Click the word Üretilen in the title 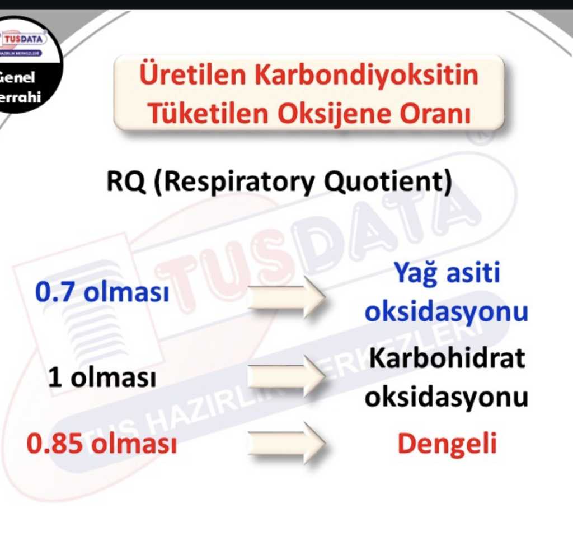(x=193, y=74)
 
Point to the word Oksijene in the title (x=334, y=114)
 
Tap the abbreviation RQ (x=126, y=182)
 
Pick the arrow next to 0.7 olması (x=286, y=297)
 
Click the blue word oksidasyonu (x=447, y=311)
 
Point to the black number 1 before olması (x=54, y=377)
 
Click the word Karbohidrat (x=447, y=358)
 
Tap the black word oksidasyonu (x=447, y=397)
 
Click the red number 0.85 (x=54, y=443)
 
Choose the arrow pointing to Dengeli (x=286, y=442)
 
